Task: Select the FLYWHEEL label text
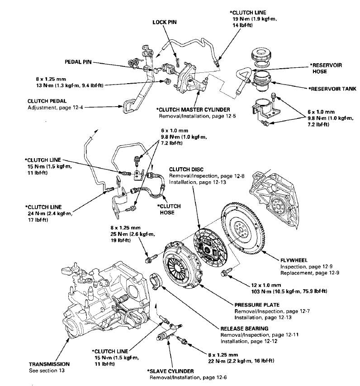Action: [294, 261]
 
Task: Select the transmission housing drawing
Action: [99, 294]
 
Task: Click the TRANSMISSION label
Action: [49, 364]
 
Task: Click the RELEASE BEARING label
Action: [244, 329]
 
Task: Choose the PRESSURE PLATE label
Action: [256, 305]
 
